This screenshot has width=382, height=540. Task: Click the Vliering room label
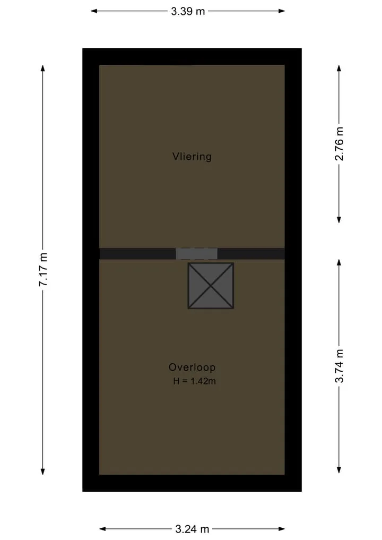(x=192, y=157)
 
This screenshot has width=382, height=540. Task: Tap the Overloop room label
(x=192, y=367)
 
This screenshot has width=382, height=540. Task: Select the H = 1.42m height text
(x=194, y=381)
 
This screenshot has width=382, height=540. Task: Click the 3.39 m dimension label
(x=188, y=11)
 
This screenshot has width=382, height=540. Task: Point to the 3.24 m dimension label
(x=192, y=529)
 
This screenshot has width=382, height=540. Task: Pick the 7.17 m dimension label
(x=43, y=269)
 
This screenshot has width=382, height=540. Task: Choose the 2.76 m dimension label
(x=340, y=143)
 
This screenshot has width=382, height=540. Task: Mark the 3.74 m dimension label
(x=340, y=366)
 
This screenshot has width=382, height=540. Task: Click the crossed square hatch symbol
(x=211, y=286)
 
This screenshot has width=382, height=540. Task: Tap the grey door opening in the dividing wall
(x=196, y=253)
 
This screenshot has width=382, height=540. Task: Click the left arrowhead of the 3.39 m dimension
(x=93, y=11)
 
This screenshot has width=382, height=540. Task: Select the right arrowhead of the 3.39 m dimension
(x=282, y=11)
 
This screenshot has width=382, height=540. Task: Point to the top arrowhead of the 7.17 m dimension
(x=43, y=68)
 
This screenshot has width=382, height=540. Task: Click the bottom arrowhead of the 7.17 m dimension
(x=43, y=472)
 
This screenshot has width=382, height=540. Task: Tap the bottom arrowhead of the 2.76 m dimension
(x=339, y=220)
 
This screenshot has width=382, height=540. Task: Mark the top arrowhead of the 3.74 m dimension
(x=339, y=262)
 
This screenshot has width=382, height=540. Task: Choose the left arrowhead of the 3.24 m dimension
(x=102, y=529)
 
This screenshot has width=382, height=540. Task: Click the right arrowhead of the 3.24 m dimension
(x=282, y=529)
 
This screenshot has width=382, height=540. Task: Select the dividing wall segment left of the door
(x=137, y=253)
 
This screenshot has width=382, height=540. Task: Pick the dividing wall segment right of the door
(x=251, y=253)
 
